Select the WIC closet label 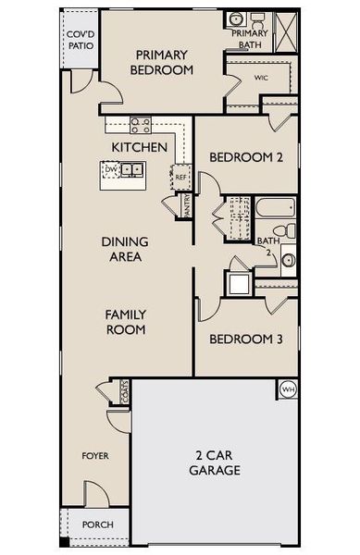[x=261, y=78]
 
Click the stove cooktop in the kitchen [x=141, y=125]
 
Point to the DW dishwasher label [x=111, y=170]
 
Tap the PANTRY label [x=187, y=203]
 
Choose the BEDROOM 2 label [x=245, y=157]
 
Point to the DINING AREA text [x=125, y=249]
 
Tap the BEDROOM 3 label [x=245, y=339]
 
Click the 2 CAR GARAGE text [x=217, y=462]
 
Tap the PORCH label [x=98, y=524]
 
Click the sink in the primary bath [x=236, y=19]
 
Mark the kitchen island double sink [x=131, y=170]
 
